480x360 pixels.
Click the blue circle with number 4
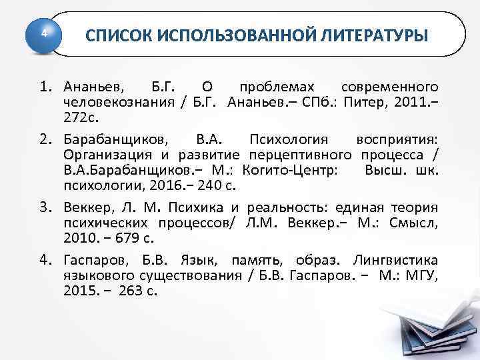point(43,33)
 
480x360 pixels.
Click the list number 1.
point(45,87)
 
